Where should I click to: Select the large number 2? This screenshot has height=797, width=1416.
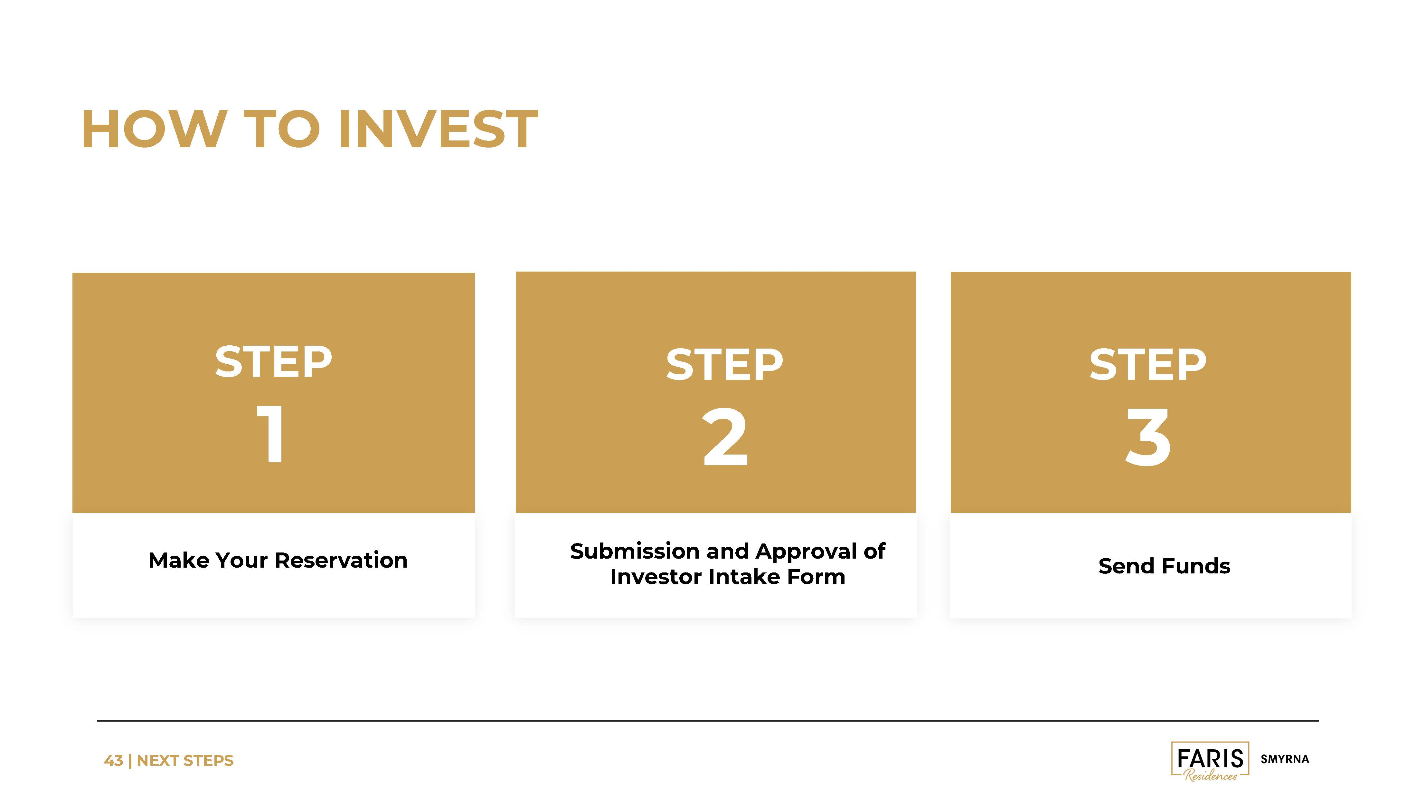tap(725, 437)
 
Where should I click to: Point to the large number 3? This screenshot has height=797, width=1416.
tap(1148, 437)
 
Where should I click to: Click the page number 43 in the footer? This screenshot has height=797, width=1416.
tap(113, 761)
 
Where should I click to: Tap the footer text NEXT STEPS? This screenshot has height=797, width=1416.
tap(185, 761)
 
